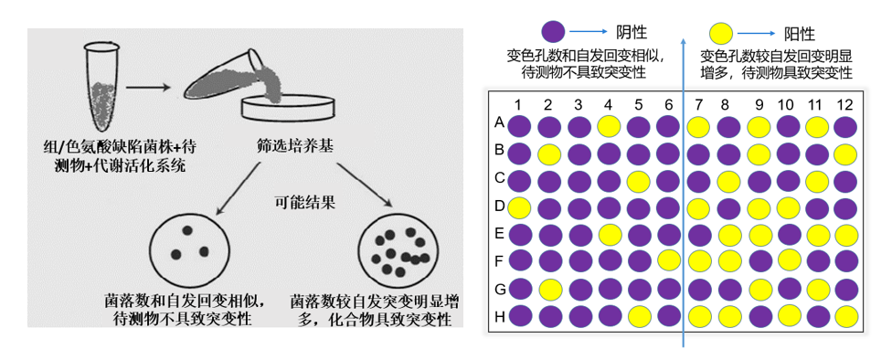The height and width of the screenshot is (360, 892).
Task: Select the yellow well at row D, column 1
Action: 518,207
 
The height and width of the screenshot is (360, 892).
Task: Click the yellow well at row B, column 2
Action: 548,153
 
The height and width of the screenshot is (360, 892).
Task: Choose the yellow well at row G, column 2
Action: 548,290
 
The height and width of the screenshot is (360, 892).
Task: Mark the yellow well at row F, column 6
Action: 668,262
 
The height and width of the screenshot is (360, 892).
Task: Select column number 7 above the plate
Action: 699,104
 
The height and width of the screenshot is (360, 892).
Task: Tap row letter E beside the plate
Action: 500,235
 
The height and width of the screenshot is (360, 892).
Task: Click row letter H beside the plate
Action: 500,317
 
